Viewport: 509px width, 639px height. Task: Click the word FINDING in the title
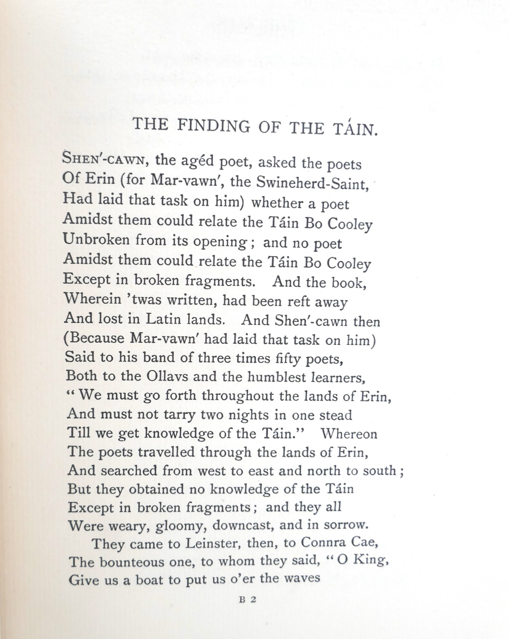[213, 126]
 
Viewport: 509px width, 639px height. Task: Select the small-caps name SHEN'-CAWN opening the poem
[103, 158]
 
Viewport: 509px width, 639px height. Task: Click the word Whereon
[349, 434]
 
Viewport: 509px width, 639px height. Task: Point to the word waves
[302, 578]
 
